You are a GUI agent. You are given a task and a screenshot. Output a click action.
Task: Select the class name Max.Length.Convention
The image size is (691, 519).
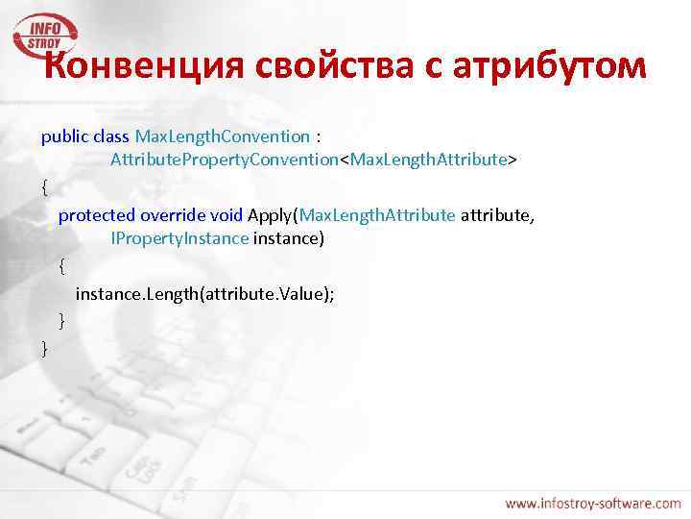[x=223, y=136]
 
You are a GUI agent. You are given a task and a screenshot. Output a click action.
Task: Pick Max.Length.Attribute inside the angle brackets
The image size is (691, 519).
[x=429, y=159]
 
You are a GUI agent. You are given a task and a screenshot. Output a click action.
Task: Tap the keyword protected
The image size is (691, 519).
[x=97, y=214]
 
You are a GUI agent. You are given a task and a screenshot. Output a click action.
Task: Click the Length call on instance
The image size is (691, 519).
[x=171, y=293]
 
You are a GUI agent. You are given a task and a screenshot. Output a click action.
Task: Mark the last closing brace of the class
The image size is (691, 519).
[x=45, y=348]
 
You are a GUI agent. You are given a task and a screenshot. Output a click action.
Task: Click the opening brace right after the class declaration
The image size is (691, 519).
[x=45, y=187]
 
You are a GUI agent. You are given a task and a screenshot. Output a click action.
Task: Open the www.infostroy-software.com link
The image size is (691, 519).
[x=592, y=503]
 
